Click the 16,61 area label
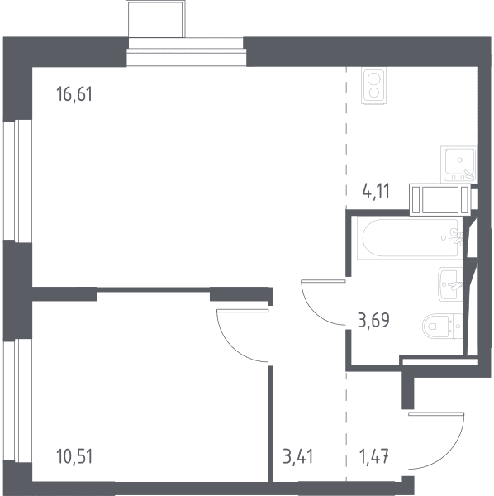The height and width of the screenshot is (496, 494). (74, 94)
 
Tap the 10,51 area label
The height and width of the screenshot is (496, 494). (74, 457)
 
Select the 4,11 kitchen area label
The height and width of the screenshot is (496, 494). (376, 191)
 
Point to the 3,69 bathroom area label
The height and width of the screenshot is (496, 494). (373, 320)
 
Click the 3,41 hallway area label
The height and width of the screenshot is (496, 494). (297, 457)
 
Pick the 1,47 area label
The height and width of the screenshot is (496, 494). (374, 457)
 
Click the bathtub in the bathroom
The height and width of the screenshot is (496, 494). (410, 238)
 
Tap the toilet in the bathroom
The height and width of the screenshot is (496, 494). (443, 326)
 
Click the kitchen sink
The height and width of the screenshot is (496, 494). (459, 165)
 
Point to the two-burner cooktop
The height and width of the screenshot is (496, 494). (374, 85)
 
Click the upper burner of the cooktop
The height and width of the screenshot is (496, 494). (374, 78)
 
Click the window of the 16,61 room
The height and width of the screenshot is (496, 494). (17, 181)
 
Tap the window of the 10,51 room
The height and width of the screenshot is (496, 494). (17, 400)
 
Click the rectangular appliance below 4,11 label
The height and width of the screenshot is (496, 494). (439, 199)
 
